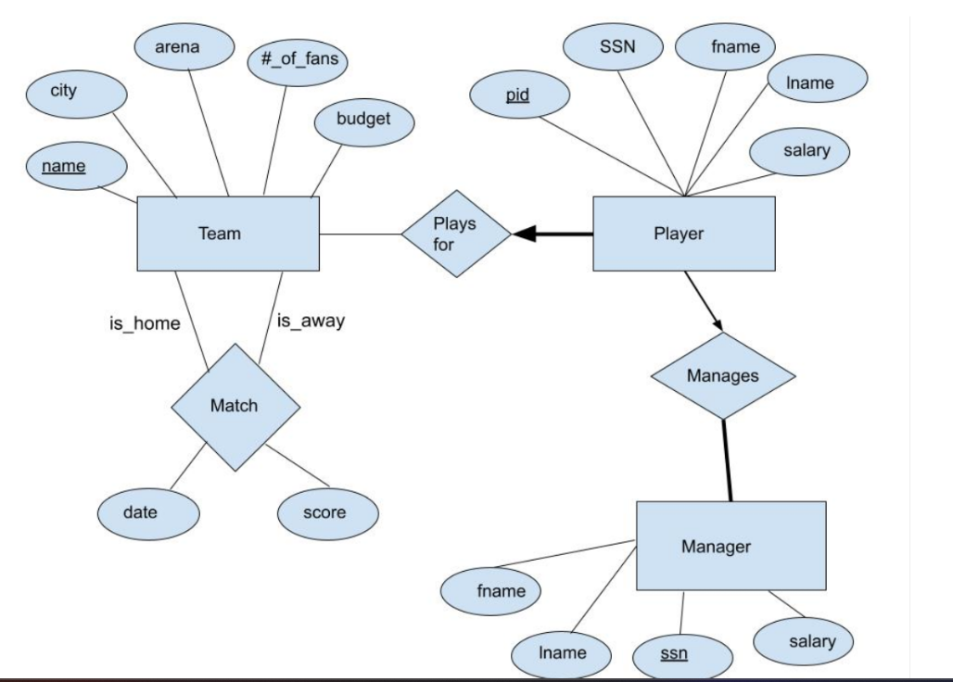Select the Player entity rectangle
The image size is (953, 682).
683,234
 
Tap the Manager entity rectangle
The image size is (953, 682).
731,546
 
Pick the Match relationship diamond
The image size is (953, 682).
235,406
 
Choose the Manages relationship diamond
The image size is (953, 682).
723,377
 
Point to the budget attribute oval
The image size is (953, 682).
363,120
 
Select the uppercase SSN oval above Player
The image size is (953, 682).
616,46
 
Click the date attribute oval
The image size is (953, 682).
147,511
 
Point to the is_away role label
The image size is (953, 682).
311,322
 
